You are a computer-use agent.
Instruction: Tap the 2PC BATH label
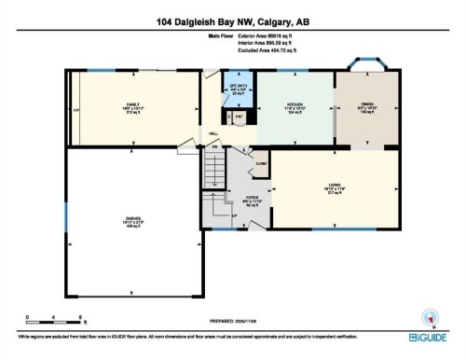tap(237, 87)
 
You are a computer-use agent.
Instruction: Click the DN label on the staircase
tap(214, 147)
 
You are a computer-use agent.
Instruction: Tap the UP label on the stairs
tap(234, 216)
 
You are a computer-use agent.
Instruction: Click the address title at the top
tap(232, 21)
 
